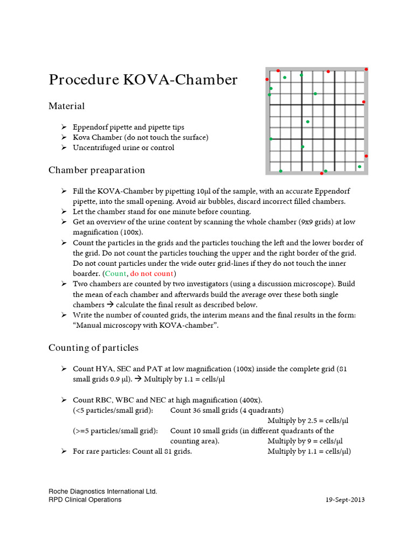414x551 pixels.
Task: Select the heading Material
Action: [x=67, y=106]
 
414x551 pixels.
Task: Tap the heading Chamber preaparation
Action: [x=96, y=170]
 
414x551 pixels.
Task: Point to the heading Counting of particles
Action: [x=93, y=348]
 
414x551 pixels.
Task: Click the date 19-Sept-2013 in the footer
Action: [x=345, y=499]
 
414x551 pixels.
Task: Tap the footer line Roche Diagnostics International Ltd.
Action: [x=102, y=491]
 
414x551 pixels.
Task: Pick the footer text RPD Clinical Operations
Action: [x=85, y=499]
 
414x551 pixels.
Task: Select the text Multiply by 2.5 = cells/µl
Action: [x=308, y=420]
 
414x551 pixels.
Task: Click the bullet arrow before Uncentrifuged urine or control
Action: [x=64, y=147]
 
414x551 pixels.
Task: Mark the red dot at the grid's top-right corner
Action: [x=367, y=69]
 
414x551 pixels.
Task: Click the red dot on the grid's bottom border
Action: [x=322, y=173]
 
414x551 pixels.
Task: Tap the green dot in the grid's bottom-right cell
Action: [x=360, y=167]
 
